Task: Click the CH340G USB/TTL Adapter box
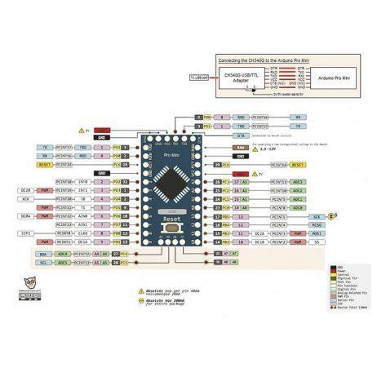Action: click(x=240, y=78)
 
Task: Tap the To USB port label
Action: click(x=199, y=78)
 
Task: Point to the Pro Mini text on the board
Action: click(x=171, y=154)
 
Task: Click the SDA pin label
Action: click(x=42, y=254)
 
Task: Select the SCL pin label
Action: click(x=42, y=263)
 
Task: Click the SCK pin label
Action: click(x=317, y=216)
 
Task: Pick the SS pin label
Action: click(x=317, y=242)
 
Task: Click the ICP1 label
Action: click(x=27, y=233)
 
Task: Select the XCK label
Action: click(x=27, y=198)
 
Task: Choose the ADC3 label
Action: click(x=299, y=181)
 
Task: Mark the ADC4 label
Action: click(x=64, y=254)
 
